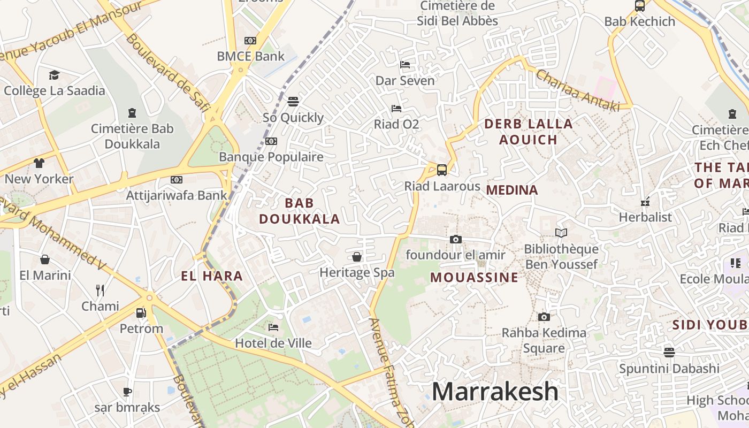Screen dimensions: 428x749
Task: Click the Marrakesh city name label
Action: [x=495, y=392]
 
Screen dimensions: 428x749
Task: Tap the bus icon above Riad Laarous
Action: [x=442, y=170]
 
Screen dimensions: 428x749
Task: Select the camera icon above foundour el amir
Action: [x=455, y=239]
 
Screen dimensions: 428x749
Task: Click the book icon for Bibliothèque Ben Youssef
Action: [x=561, y=233]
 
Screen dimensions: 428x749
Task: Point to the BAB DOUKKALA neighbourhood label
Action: [x=300, y=211]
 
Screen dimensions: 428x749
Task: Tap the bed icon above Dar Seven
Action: [x=405, y=65]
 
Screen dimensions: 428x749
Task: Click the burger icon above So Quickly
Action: [x=293, y=101]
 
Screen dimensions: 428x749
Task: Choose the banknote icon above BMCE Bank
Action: [x=250, y=41]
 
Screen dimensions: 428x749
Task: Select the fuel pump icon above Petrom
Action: [x=141, y=312]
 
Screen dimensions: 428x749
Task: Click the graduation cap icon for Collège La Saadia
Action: [x=54, y=75]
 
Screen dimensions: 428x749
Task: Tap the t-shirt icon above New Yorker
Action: [x=39, y=163]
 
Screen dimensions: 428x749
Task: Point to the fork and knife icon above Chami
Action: [x=100, y=291]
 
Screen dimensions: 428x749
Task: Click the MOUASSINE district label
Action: [x=474, y=277]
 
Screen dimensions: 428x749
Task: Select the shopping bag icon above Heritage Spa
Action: [x=357, y=257]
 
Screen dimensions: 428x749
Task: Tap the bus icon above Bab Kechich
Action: [x=639, y=6]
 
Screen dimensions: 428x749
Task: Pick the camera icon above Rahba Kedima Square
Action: [x=544, y=317]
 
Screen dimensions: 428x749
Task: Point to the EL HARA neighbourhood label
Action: [x=212, y=276]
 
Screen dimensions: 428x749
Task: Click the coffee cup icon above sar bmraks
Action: [x=127, y=392]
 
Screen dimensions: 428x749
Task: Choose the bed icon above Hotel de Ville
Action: [x=273, y=327]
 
